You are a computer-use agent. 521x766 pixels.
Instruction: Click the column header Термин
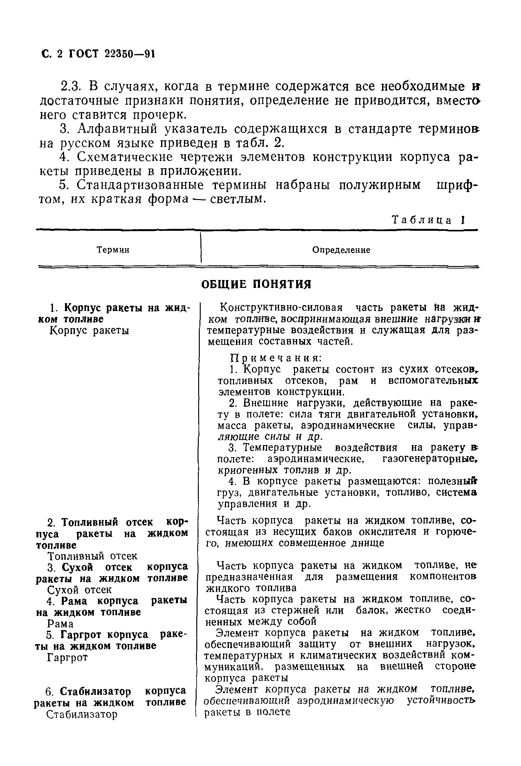(x=113, y=250)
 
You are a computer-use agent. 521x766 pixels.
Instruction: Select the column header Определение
(x=341, y=250)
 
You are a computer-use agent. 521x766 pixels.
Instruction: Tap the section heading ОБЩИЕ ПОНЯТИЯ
(x=256, y=284)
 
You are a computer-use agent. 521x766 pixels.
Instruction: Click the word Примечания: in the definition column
(x=276, y=358)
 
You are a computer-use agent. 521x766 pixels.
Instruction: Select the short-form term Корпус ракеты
(x=89, y=330)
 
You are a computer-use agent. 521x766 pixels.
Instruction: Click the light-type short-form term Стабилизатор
(x=82, y=714)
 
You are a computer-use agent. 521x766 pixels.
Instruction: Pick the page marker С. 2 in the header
(x=52, y=54)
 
